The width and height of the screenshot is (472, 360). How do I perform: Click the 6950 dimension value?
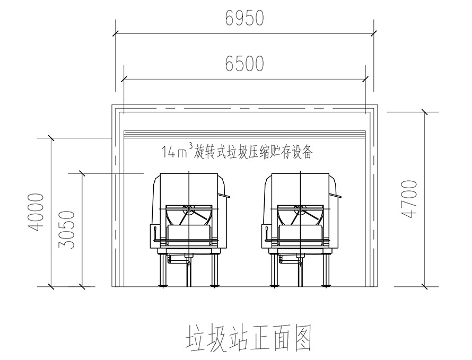tap(244, 19)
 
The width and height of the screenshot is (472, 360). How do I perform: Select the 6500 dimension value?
tap(244, 64)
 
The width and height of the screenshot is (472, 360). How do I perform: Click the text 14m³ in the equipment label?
tap(178, 153)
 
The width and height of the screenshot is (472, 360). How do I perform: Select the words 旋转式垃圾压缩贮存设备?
tap(255, 153)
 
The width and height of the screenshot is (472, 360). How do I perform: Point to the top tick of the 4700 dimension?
tap(424, 112)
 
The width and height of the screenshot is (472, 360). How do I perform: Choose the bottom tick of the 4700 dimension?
tap(424, 287)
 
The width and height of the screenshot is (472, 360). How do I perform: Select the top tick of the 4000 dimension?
tap(50, 139)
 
